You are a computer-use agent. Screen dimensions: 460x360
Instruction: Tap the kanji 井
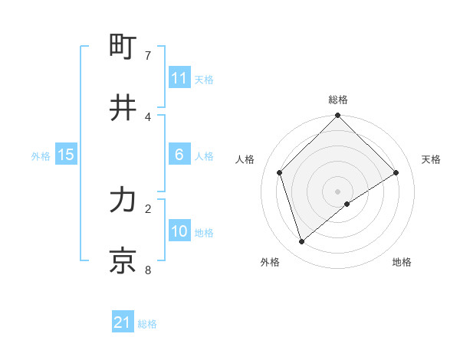(123, 108)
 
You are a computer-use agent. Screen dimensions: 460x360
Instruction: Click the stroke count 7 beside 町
(148, 56)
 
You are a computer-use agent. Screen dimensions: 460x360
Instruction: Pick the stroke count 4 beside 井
(148, 116)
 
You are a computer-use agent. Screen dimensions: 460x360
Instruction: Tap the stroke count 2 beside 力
(148, 208)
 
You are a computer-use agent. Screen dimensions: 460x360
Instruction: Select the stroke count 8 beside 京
(148, 270)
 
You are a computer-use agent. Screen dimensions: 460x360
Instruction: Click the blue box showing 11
(179, 78)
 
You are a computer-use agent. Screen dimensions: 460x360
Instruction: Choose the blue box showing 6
(179, 155)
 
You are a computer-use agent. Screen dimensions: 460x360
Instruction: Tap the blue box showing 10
(179, 231)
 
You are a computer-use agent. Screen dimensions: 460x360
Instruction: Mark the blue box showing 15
(66, 155)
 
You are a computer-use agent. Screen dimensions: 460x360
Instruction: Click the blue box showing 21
(123, 322)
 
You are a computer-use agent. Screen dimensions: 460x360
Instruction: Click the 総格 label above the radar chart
(337, 100)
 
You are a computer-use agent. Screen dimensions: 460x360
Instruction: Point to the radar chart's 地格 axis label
(402, 262)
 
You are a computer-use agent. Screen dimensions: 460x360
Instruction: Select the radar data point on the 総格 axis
(337, 116)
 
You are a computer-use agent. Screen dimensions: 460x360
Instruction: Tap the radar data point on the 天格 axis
(396, 172)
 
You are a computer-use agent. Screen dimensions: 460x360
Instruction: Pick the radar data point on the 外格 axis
(301, 242)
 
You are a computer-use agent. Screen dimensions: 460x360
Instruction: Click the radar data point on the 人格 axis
(280, 172)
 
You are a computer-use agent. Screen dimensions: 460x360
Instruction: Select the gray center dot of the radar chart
(337, 191)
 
